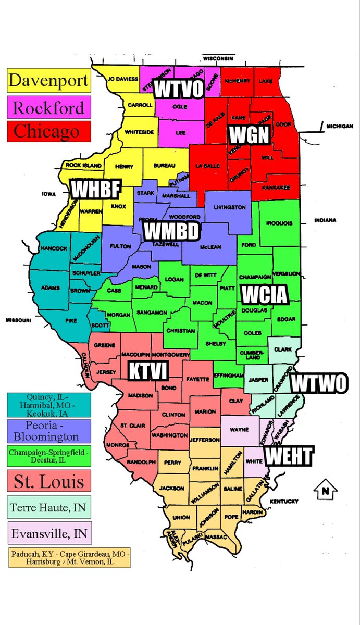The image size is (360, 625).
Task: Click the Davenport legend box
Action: click(48, 81)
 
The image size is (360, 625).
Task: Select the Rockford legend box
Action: click(48, 108)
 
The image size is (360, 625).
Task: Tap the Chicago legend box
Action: click(48, 132)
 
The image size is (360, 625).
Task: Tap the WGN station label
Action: click(249, 135)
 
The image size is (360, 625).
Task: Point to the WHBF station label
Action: click(95, 190)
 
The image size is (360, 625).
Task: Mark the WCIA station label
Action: click(264, 295)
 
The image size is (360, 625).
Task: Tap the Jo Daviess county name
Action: click(123, 79)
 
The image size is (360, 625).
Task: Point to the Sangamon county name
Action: click(152, 312)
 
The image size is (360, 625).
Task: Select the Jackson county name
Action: click(172, 489)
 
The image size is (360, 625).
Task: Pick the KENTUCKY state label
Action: click(284, 502)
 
